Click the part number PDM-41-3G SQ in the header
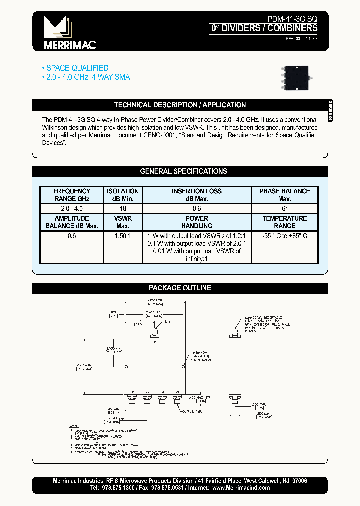[292, 18]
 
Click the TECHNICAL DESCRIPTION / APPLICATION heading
[180, 105]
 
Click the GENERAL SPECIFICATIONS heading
[183, 171]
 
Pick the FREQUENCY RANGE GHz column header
[72, 195]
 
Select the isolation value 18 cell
[123, 208]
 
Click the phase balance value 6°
[284, 208]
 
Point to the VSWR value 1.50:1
[123, 236]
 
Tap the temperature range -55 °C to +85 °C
[284, 236]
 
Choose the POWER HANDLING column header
[197, 222]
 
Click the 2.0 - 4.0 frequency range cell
[72, 208]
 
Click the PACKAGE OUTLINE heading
[180, 288]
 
